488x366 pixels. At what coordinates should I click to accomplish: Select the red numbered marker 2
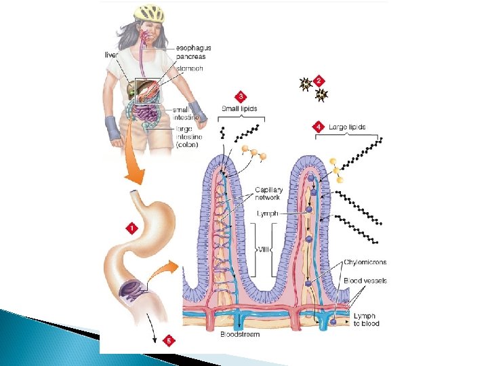point(319,79)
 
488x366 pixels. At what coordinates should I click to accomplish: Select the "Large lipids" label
point(347,127)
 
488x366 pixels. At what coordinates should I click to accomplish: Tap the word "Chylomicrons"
point(365,262)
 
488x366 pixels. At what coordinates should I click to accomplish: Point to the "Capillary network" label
point(268,193)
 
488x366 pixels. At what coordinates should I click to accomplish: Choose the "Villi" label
point(264,249)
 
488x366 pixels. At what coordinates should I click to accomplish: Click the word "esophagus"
point(193,48)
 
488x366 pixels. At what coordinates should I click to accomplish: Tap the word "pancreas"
point(192,57)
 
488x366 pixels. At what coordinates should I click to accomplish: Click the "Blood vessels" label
point(365,281)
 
